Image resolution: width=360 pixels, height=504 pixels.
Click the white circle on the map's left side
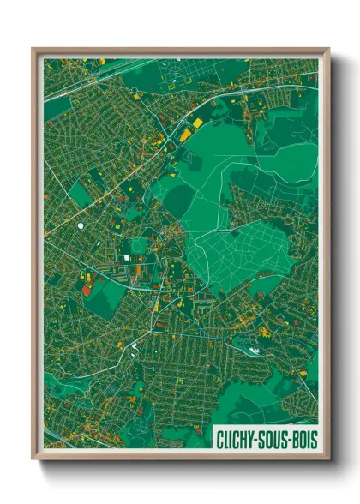coord(81,225)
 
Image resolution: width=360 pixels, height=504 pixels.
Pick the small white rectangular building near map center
coord(138,248)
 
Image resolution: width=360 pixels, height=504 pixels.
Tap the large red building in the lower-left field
coord(88,288)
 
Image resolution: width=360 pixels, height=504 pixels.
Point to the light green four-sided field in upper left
coord(81,194)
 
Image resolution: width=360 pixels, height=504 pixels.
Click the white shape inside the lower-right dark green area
coord(252,348)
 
